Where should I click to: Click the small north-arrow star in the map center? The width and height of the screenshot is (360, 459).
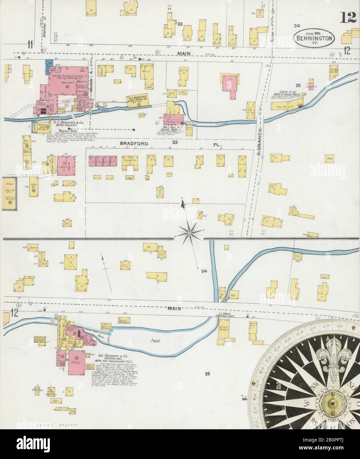point(190,233)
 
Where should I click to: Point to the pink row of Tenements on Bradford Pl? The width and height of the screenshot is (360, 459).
point(103,161)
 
